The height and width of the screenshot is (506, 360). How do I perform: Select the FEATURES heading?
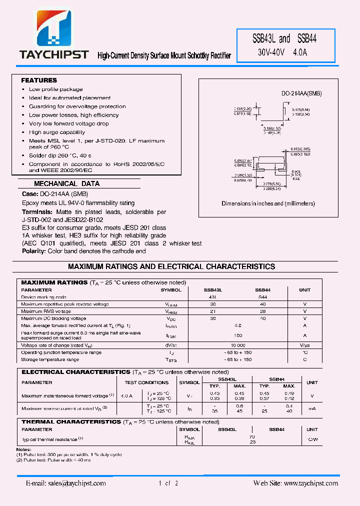point(39,80)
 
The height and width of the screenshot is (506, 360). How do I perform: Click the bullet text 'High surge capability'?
point(57,132)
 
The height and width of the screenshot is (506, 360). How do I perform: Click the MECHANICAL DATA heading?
point(66,183)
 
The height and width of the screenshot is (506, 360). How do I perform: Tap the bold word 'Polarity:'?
point(34,251)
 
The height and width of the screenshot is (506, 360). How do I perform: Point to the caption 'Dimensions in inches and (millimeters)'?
point(268,203)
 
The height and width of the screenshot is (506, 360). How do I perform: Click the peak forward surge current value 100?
point(238,335)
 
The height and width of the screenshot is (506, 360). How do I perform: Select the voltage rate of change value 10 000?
point(238,345)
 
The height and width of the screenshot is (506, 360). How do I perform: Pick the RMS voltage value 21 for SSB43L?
point(212,311)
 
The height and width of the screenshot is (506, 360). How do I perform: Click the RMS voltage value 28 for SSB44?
point(263,311)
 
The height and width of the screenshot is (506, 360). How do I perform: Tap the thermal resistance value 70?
point(238,436)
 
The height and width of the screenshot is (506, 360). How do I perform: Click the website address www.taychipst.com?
point(310,483)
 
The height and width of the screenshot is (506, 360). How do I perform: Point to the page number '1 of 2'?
point(168,483)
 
